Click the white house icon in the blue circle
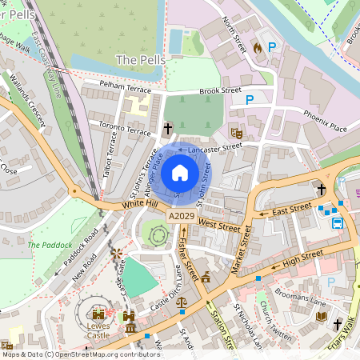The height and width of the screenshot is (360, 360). (180, 173)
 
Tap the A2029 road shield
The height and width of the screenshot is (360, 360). (180, 217)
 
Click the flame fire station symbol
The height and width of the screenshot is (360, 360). (257, 48)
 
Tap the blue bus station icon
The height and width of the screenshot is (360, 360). (338, 223)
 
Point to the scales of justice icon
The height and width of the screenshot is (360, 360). (182, 304)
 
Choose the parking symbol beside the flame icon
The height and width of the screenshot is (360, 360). (272, 48)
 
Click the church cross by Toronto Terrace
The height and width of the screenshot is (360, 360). (168, 128)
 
